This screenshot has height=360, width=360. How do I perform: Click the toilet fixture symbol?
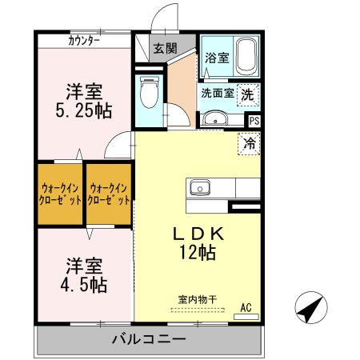[x=148, y=95]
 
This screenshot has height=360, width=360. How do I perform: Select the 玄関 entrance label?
[x=166, y=48]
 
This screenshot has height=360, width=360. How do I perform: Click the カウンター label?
[x=84, y=41]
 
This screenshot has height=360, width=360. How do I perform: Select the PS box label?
[x=254, y=121]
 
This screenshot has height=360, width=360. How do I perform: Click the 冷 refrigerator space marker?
[x=250, y=145]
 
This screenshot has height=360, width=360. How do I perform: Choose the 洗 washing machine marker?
[x=249, y=92]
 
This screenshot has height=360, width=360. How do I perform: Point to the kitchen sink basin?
[x=198, y=188]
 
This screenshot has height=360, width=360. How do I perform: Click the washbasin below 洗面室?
[x=213, y=120]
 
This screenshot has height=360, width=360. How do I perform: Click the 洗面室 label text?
[x=217, y=92]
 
